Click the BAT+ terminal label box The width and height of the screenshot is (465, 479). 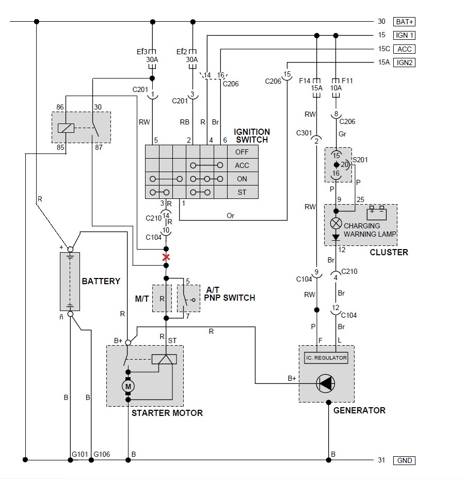pos(404,22)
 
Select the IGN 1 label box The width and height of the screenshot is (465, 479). pos(404,35)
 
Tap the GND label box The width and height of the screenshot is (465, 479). pos(404,460)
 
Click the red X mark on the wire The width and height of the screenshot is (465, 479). pos(166,257)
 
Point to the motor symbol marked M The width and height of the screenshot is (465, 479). pos(128,387)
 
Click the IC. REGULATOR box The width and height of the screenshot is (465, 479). pos(326,358)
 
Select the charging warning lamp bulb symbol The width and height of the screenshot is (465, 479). pos(336,223)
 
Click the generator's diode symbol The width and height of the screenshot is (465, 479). pos(326,383)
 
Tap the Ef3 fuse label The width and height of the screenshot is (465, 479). pos(142,52)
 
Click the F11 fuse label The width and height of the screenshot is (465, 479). pos(347,81)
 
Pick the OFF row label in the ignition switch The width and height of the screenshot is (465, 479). pos(242,152)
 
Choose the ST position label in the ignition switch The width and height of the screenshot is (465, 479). pos(242,192)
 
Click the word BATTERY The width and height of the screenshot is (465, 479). pos(101,281)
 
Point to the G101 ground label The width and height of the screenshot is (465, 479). pos(80,454)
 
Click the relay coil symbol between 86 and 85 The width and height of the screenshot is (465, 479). pos(66,128)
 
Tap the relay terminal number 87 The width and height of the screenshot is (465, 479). pos(99,147)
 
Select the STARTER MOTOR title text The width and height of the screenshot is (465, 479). pos(167,413)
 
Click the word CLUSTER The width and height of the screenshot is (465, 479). pos(389,252)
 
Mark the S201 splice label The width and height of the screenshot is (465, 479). pos(360,160)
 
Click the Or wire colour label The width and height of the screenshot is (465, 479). pos(230,215)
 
